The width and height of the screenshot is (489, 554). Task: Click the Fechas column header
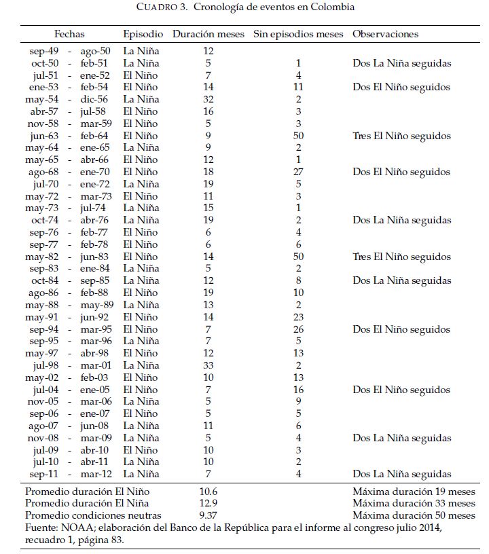pyautogui.click(x=71, y=34)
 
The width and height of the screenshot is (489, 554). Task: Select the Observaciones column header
pyautogui.click(x=385, y=34)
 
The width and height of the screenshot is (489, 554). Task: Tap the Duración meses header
pyautogui.click(x=209, y=34)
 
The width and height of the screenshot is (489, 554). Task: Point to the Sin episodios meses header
pyautogui.click(x=298, y=34)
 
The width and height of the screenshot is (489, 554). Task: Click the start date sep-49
pyautogui.click(x=44, y=51)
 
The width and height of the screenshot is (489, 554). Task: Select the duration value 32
pyautogui.click(x=209, y=99)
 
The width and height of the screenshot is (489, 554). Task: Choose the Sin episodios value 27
pyautogui.click(x=298, y=172)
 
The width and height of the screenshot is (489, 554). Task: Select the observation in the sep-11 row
pyautogui.click(x=401, y=475)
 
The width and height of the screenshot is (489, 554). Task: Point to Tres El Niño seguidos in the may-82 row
pyautogui.click(x=401, y=257)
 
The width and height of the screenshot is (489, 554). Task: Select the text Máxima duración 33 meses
pyautogui.click(x=414, y=504)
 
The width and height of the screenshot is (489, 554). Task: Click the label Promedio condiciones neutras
pyautogui.click(x=93, y=516)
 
